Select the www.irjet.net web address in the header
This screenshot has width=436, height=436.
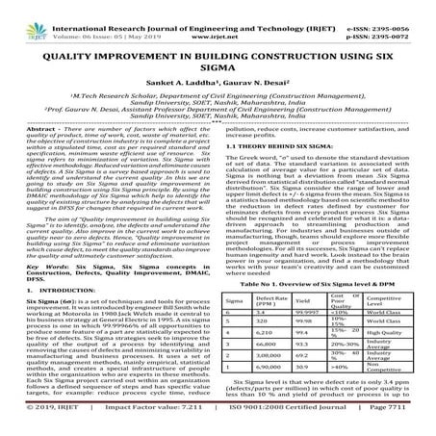[218, 18]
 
